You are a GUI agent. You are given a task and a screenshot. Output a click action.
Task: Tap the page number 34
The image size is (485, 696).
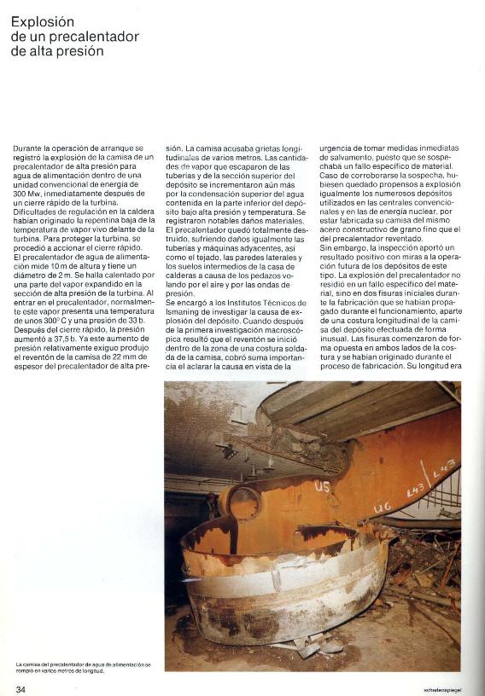coord(20,687)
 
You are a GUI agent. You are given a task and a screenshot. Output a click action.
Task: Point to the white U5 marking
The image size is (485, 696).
coord(322,487)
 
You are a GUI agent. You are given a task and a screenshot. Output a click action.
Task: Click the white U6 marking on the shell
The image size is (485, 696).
coord(382,507)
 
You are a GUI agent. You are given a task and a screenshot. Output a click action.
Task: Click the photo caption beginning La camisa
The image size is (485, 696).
coord(83,666)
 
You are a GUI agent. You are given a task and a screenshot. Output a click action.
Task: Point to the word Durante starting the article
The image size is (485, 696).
coord(30,148)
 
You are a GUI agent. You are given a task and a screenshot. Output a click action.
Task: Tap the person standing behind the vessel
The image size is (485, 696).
coord(211,506)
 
